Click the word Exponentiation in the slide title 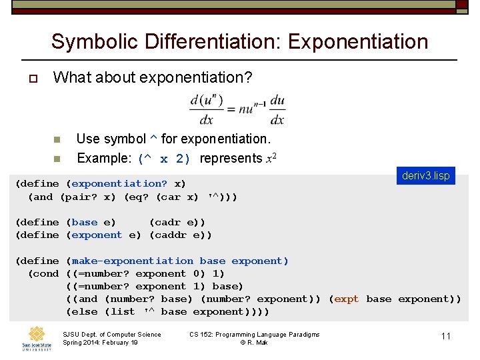tap(358, 41)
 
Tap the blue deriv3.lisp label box tap(426, 176)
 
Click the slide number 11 tap(446, 336)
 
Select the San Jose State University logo tap(36, 338)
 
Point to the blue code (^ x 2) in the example tap(165, 159)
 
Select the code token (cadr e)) tap(177, 222)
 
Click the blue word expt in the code tap(347, 299)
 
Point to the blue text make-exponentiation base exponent tap(180, 261)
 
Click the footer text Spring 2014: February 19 tap(100, 343)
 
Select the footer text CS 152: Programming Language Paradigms tap(255, 334)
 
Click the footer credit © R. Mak tap(254, 343)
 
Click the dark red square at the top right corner tap(461, 5)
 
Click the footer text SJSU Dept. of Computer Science tap(111, 334)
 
